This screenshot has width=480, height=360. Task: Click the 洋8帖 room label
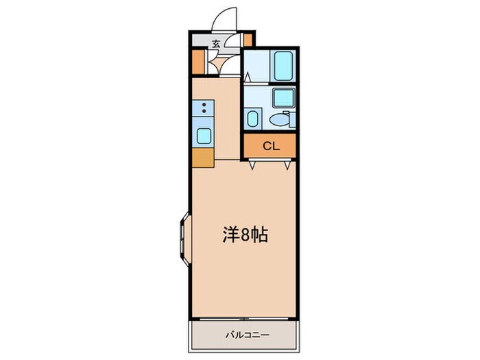pyautogui.click(x=244, y=235)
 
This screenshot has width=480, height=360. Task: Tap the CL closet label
pyautogui.click(x=271, y=145)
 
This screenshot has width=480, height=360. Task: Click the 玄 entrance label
pyautogui.click(x=215, y=44)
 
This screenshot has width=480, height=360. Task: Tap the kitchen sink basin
pyautogui.click(x=204, y=134)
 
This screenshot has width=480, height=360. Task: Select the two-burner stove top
pyautogui.click(x=204, y=108)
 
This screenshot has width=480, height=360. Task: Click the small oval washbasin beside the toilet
pyautogui.click(x=252, y=119)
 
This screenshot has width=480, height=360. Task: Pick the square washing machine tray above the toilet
pyautogui.click(x=283, y=97)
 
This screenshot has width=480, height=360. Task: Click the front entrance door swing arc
pyautogui.click(x=224, y=19)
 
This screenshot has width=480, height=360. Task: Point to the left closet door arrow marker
pyautogui.click(x=254, y=165)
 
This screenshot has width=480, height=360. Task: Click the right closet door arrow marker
pyautogui.click(x=287, y=165)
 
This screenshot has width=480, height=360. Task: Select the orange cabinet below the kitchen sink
pyautogui.click(x=203, y=158)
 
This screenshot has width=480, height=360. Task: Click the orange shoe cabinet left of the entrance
pyautogui.click(x=197, y=62)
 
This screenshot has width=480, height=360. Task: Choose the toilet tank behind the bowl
pyautogui.click(x=290, y=120)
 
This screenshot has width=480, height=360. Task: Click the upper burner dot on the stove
pyautogui.click(x=203, y=104)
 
